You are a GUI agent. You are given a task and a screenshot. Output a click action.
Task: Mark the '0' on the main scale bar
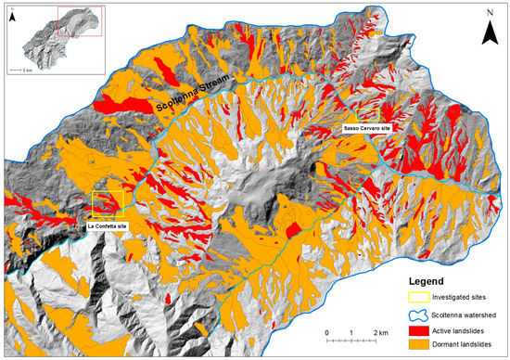[326, 331]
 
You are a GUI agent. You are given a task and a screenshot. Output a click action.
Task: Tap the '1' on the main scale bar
[351, 331]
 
